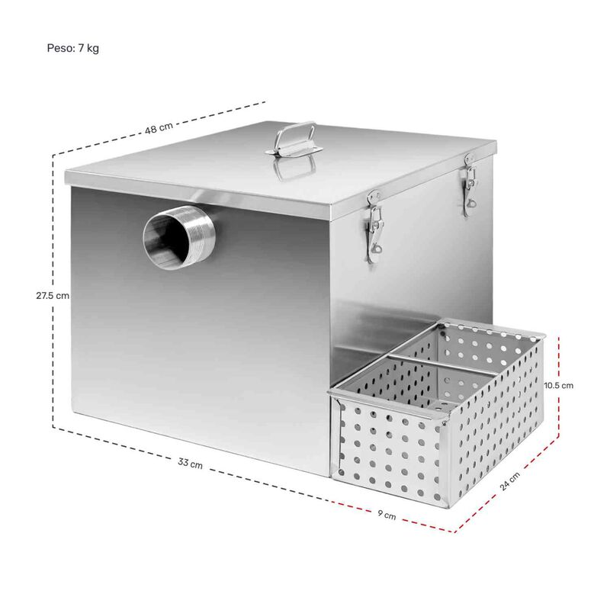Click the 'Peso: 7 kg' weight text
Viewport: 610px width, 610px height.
(73, 48)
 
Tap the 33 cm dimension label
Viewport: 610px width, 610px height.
(191, 464)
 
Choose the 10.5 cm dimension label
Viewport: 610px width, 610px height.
(558, 385)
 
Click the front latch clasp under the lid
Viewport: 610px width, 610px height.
(373, 225)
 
